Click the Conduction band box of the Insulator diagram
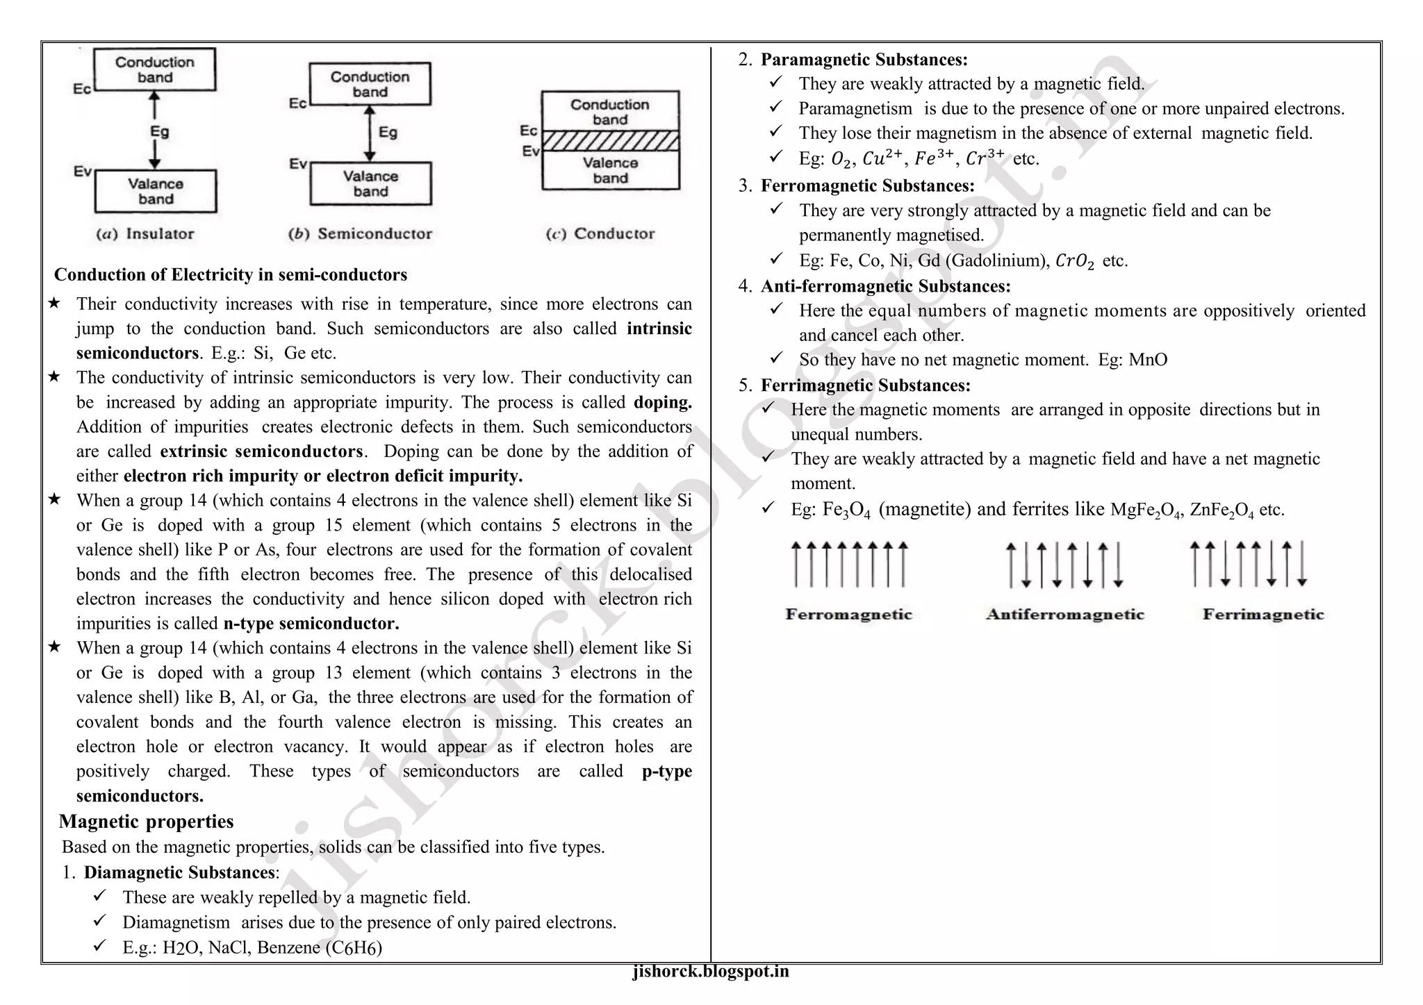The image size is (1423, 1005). click(x=155, y=69)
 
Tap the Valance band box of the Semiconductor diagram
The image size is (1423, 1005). click(x=370, y=184)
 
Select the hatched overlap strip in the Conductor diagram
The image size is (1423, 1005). click(x=610, y=141)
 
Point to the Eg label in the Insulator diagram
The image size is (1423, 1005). click(x=160, y=131)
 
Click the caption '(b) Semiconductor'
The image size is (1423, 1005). click(x=361, y=234)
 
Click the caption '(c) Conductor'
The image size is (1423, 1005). click(x=600, y=234)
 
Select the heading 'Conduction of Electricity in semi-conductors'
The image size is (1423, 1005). click(x=231, y=275)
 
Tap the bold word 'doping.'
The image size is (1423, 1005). click(x=662, y=403)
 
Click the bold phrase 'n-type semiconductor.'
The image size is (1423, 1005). click(x=311, y=624)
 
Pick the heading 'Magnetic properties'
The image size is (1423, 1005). click(x=146, y=822)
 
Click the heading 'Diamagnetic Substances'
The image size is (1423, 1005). click(x=179, y=873)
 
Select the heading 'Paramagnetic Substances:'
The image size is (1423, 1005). click(x=864, y=60)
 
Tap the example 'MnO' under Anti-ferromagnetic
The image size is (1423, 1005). click(x=1148, y=360)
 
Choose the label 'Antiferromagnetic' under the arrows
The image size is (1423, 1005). click(x=1064, y=615)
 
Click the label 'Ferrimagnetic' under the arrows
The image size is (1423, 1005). click(x=1263, y=615)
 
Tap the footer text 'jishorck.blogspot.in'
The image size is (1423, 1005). click(x=711, y=972)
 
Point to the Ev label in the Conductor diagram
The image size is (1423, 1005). click(x=530, y=151)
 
